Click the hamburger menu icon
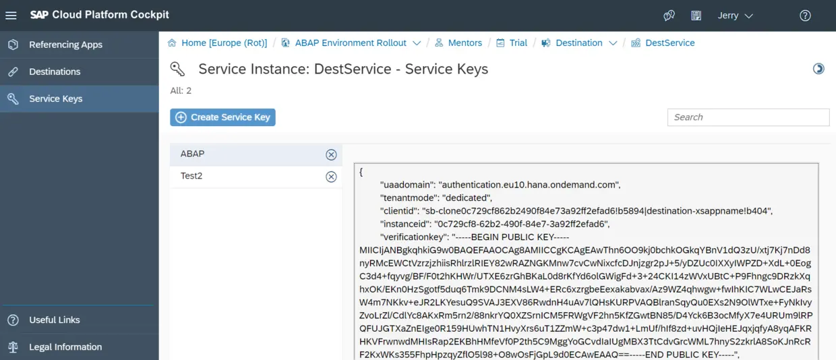click(x=11, y=16)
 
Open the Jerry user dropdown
click(x=735, y=16)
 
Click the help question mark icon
click(x=805, y=16)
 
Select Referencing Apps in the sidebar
click(x=65, y=44)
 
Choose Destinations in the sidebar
click(x=55, y=71)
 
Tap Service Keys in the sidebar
click(x=55, y=98)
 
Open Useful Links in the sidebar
click(x=55, y=320)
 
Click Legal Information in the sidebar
click(x=65, y=347)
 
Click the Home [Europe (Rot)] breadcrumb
click(x=224, y=42)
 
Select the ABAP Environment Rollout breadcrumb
click(x=351, y=42)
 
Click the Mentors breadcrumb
click(x=465, y=42)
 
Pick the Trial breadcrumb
click(x=518, y=42)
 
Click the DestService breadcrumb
click(x=669, y=42)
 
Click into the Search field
click(x=748, y=117)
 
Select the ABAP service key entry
click(x=193, y=154)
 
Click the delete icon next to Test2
click(x=331, y=177)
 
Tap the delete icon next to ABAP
click(x=331, y=154)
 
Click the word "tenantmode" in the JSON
click(x=409, y=198)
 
